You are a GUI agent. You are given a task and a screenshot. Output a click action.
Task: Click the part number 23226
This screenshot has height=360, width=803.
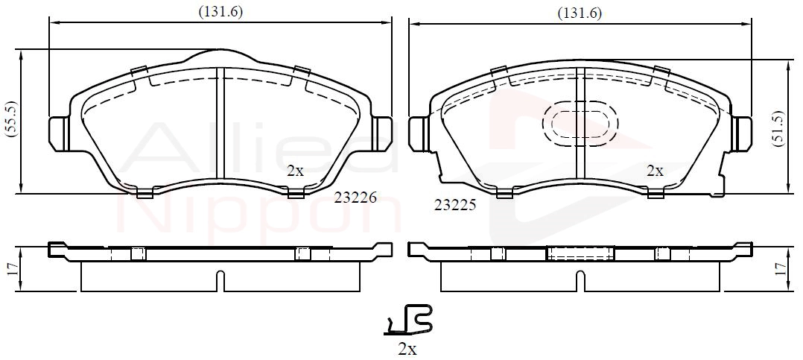(355, 198)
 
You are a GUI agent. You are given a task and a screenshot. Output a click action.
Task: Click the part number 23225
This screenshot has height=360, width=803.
(455, 206)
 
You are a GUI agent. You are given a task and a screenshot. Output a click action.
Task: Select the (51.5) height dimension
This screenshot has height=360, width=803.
(779, 128)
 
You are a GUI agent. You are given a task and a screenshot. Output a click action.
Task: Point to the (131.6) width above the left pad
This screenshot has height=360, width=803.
(220, 12)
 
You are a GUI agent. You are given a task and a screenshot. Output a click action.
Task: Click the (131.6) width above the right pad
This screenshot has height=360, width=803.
(580, 13)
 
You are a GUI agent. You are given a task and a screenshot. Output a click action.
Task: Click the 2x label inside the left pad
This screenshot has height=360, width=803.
(295, 171)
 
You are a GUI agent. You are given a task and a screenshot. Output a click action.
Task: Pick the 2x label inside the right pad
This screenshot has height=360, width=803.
(655, 171)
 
